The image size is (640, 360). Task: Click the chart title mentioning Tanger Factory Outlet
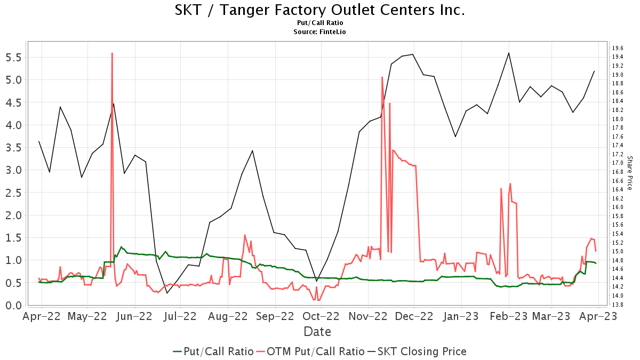pyautogui.click(x=320, y=10)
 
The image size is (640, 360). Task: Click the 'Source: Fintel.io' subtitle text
pyautogui.click(x=320, y=32)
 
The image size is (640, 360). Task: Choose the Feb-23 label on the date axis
pyautogui.click(x=508, y=316)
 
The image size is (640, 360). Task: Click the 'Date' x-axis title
pyautogui.click(x=317, y=332)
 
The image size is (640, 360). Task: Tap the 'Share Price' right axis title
pyautogui.click(x=629, y=173)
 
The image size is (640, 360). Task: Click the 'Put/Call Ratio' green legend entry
pyautogui.click(x=213, y=351)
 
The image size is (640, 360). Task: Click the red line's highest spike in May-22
pyautogui.click(x=112, y=53)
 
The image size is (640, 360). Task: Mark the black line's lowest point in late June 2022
pyautogui.click(x=166, y=293)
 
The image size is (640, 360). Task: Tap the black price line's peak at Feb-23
pyautogui.click(x=509, y=53)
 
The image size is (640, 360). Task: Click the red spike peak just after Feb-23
pyautogui.click(x=510, y=183)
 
